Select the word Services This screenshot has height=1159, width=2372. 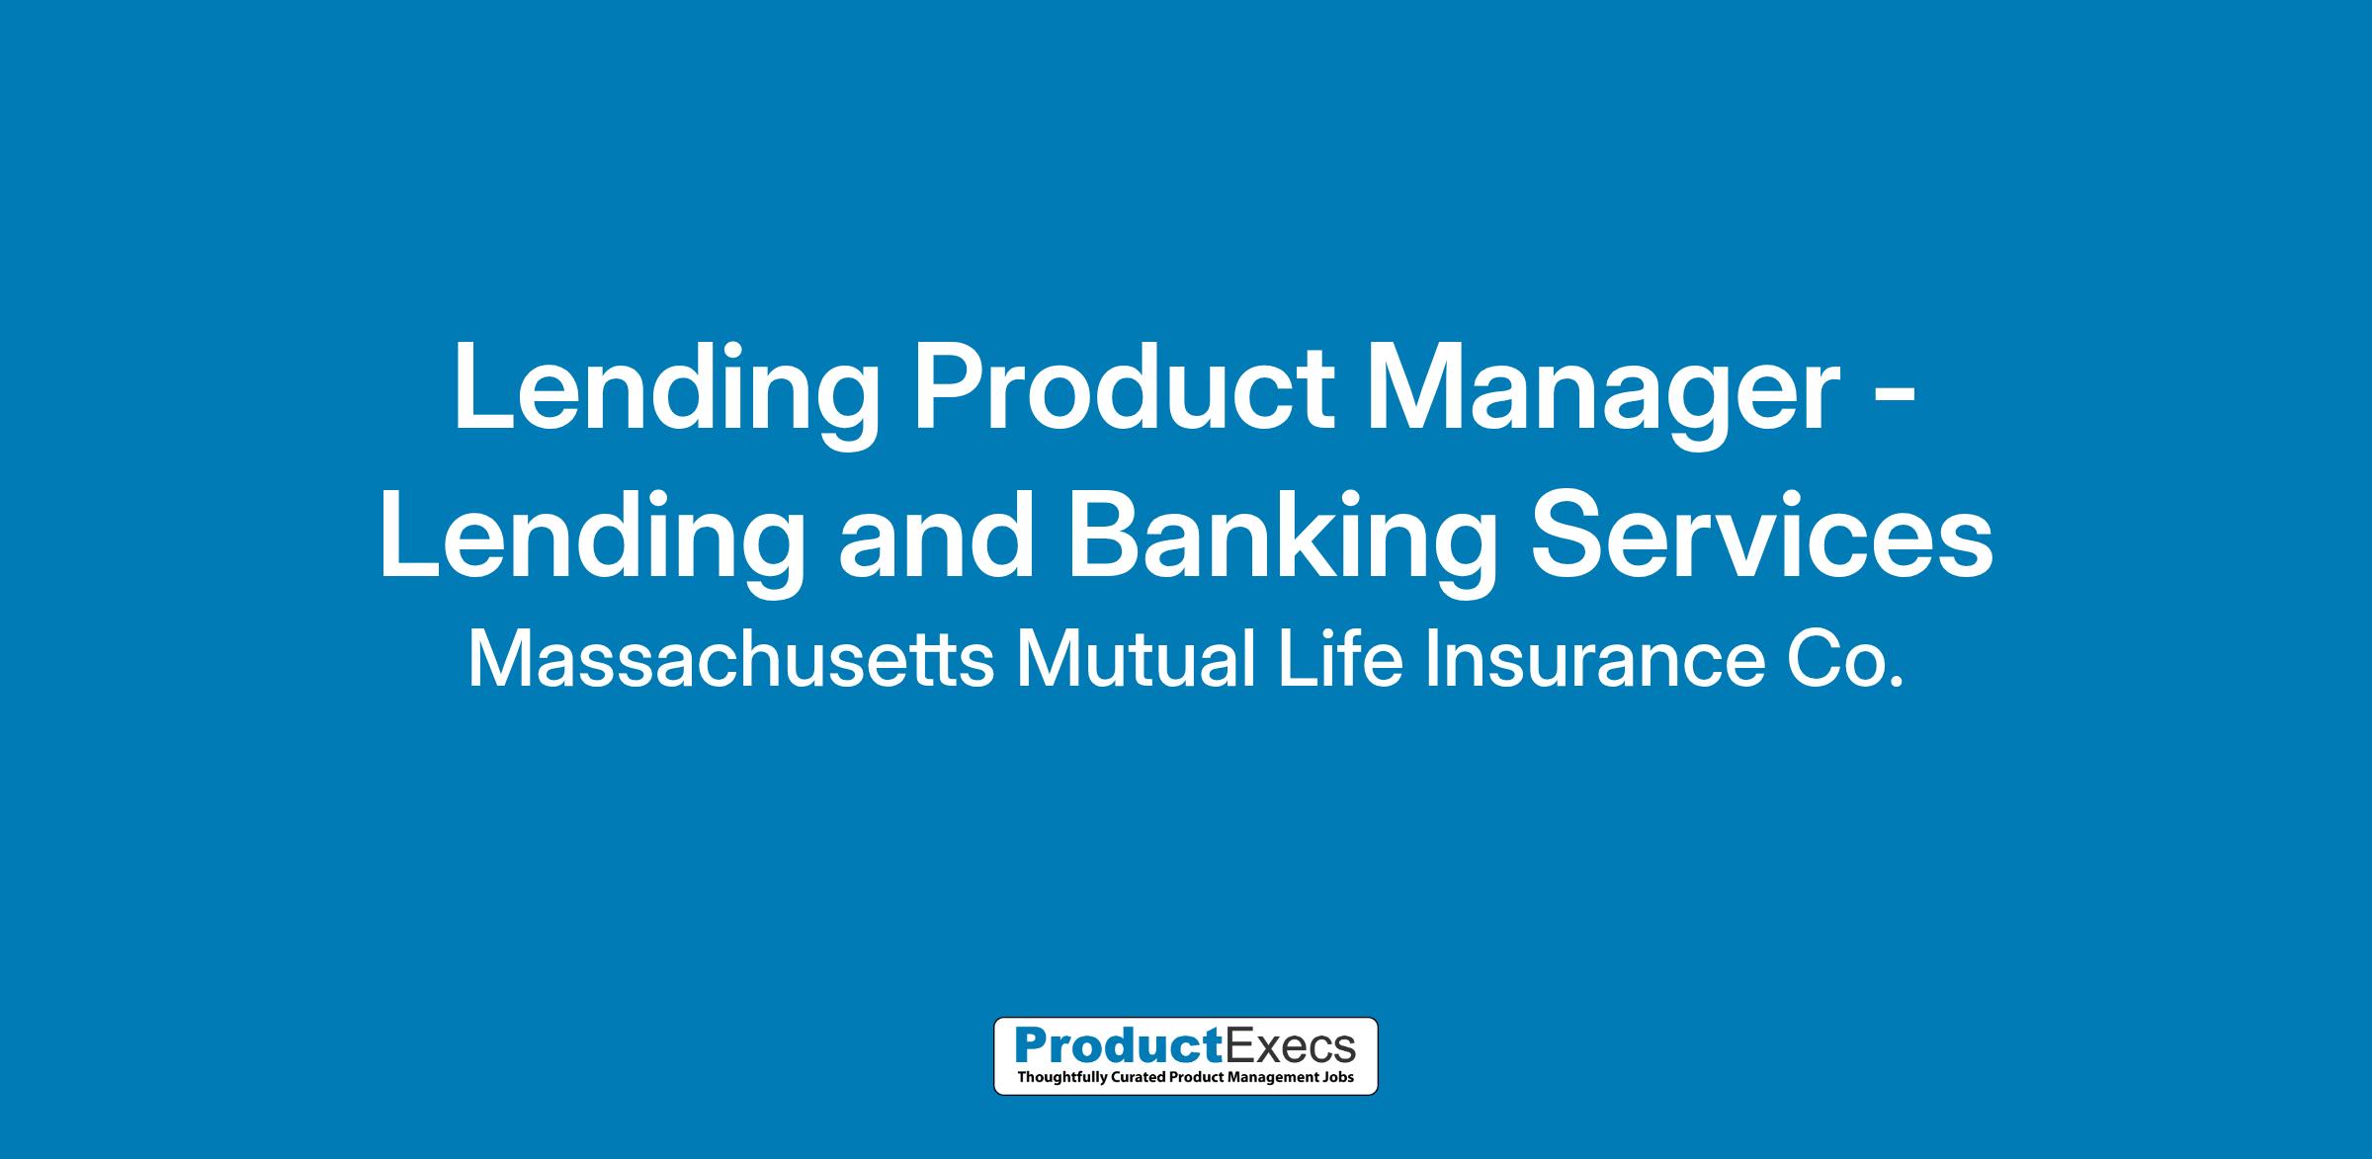[1762, 535]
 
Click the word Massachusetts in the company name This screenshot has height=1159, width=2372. [730, 660]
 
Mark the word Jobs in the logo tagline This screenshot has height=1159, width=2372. [1342, 1077]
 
